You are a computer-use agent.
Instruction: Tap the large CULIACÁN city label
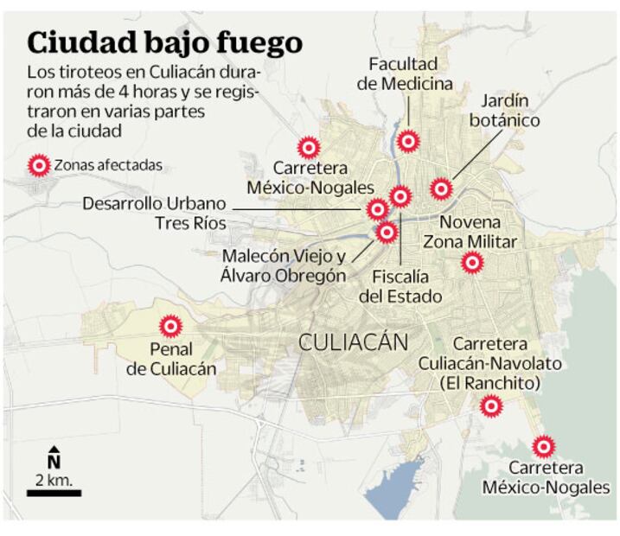353,342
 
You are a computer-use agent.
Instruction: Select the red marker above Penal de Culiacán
171,325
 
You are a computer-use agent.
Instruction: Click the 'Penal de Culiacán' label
170,360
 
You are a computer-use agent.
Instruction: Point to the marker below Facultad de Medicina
407,140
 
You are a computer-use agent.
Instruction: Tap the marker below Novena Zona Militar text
471,262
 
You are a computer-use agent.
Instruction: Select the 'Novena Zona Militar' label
470,232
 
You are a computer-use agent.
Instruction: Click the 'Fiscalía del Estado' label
400,286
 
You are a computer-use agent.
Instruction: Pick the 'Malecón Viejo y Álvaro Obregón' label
284,266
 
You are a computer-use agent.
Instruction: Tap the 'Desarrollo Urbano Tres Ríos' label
155,214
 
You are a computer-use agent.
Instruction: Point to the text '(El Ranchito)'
489,382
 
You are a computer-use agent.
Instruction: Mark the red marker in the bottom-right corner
543,447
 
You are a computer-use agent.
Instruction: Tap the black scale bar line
54,493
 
